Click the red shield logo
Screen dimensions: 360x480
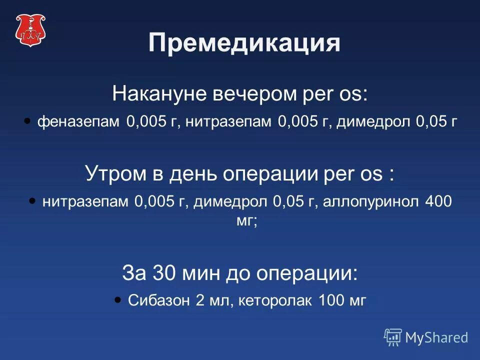click(29, 30)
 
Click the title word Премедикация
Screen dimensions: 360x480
click(244, 43)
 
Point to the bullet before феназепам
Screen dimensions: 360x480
click(27, 121)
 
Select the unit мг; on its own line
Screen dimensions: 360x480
click(246, 220)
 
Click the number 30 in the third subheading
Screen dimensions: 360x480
click(162, 273)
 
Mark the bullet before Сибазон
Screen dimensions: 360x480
click(117, 299)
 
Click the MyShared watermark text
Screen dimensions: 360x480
click(436, 337)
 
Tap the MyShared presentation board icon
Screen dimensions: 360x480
click(393, 337)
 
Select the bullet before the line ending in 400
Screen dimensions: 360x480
click(32, 200)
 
